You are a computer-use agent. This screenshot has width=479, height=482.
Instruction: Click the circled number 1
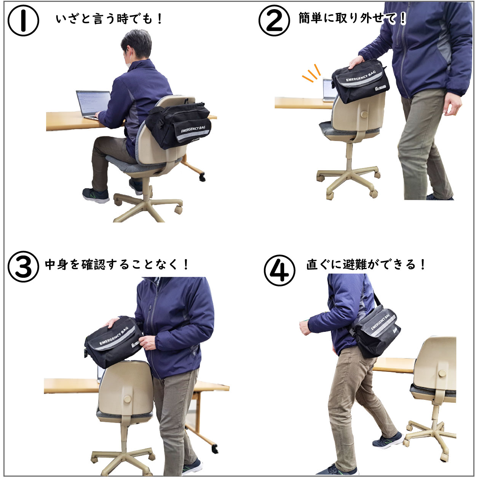point(23,21)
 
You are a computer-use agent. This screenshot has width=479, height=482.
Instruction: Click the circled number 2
point(274,21)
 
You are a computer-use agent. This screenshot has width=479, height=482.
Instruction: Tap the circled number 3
point(23,267)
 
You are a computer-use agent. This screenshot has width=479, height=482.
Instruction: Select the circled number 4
point(279,271)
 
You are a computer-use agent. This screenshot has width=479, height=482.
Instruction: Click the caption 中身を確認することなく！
point(117,265)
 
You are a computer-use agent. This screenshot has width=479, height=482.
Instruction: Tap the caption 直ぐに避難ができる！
point(366,265)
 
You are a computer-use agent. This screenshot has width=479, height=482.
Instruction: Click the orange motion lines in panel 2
point(311,74)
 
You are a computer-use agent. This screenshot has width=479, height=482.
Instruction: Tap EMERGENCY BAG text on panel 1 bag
point(193,129)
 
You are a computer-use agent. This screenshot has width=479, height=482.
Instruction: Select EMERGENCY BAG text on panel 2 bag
point(361,76)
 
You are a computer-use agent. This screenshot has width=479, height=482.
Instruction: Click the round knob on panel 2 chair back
point(364,115)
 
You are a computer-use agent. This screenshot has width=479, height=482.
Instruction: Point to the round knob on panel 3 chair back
point(127,399)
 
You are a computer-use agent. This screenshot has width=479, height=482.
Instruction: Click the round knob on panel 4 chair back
point(442,374)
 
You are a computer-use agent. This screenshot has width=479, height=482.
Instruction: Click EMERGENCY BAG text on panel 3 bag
point(114,336)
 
